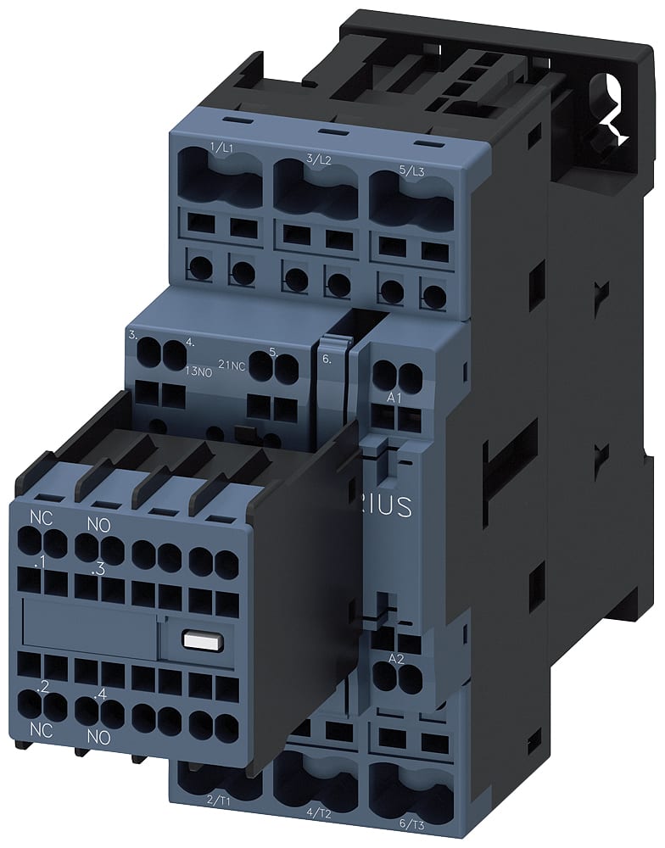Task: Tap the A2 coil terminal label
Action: click(395, 659)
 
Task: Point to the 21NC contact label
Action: click(232, 364)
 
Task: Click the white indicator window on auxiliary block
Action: click(198, 641)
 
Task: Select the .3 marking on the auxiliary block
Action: click(98, 570)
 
